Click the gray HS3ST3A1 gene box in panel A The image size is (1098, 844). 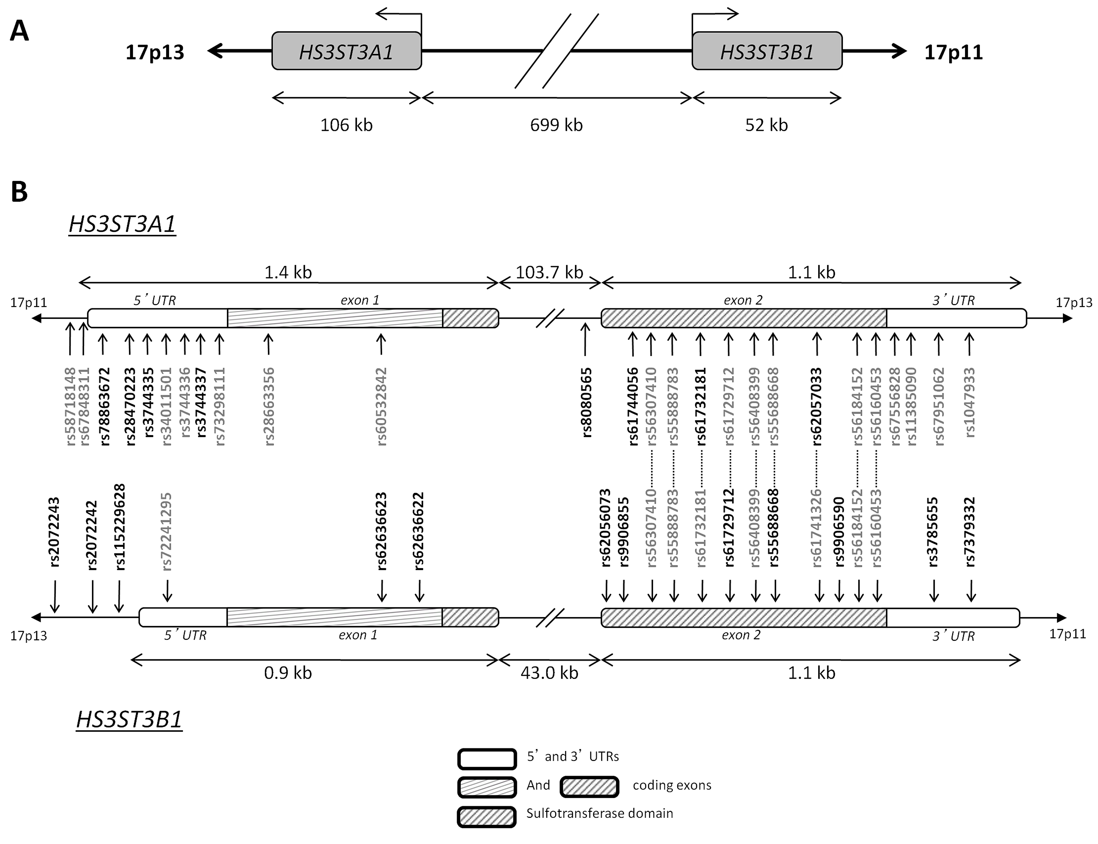[347, 51]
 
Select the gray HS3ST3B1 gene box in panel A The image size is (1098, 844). [767, 51]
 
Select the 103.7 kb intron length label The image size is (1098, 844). [550, 272]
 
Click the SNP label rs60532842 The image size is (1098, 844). [382, 407]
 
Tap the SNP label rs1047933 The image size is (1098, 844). [970, 403]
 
